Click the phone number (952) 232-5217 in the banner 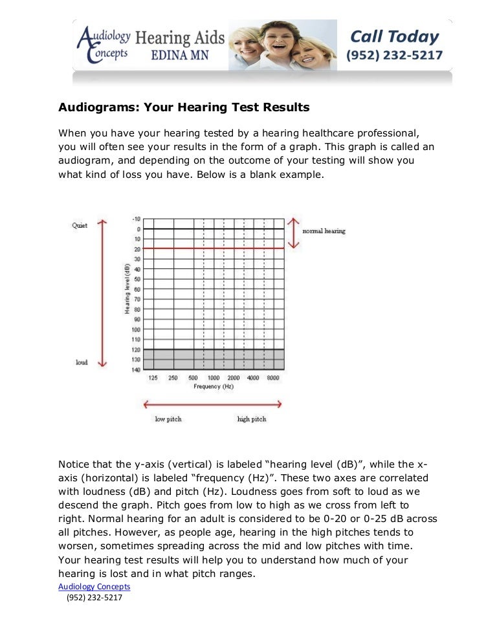click(395, 56)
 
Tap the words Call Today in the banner click(394, 37)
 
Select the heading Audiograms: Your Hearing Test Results click(184, 107)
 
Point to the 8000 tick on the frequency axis click(272, 378)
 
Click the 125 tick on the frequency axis click(153, 378)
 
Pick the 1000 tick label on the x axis click(213, 378)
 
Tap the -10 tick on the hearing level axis click(136, 219)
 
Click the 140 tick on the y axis click(136, 369)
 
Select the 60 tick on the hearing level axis click(137, 289)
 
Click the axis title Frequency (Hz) click(213, 386)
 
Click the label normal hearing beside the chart click(324, 232)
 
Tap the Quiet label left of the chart click(80, 225)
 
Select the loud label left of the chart click(82, 363)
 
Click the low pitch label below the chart click(168, 419)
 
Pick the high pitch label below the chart click(252, 419)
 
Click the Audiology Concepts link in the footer click(94, 587)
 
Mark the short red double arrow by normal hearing click(294, 232)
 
